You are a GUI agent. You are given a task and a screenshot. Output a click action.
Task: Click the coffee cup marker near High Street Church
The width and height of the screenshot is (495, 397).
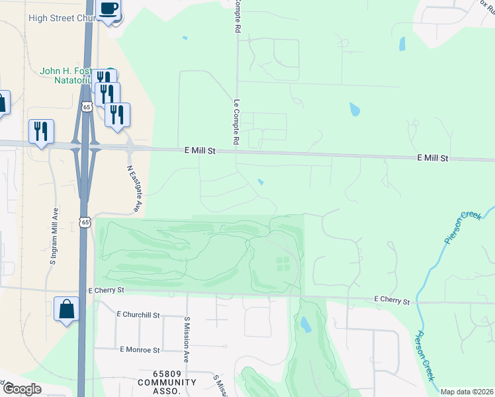pos(109,9)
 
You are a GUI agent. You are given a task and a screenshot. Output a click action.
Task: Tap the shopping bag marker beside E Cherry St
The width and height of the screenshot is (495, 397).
pos(67,309)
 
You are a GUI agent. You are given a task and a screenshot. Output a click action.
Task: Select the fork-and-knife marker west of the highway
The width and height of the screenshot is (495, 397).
pos(41,131)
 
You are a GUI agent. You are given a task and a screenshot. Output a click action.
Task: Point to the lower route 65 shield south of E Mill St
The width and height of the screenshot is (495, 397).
pos(85,222)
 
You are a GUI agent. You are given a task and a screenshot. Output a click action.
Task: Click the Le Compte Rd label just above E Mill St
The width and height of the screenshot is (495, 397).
pos(236,122)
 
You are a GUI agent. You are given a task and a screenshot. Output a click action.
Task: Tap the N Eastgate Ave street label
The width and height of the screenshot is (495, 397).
pos(133,188)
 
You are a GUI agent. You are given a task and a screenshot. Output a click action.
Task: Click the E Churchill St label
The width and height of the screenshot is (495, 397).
pos(138,314)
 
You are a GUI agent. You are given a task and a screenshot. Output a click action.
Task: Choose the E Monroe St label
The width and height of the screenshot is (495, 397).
pos(140,349)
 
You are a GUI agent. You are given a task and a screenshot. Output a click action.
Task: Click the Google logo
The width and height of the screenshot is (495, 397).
pos(21,389)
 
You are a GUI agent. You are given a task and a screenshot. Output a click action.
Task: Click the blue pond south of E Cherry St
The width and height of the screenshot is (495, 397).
pos(305,324)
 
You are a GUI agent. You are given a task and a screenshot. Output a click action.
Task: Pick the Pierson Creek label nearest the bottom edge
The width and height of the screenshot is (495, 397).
pos(426,356)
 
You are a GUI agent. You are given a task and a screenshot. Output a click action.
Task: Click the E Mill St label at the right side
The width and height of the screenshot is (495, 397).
pos(433,159)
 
